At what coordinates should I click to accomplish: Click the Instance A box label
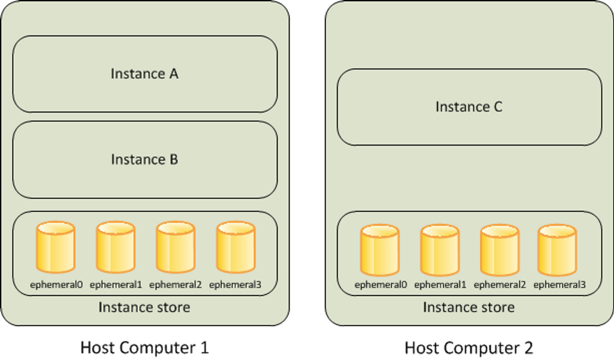click(144, 74)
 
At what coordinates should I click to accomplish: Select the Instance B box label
click(144, 159)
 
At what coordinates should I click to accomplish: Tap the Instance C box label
click(469, 107)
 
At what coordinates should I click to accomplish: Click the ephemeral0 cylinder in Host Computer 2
click(380, 250)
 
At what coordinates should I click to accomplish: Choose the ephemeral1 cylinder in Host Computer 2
click(440, 250)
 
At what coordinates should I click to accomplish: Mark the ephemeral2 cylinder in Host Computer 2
click(500, 250)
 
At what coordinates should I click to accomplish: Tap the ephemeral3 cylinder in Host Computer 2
click(557, 250)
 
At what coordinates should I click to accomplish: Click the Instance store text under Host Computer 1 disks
click(144, 307)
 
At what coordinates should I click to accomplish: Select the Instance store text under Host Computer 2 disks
click(469, 307)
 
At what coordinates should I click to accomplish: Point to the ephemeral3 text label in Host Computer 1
click(235, 285)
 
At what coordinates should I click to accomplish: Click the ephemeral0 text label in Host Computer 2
click(381, 285)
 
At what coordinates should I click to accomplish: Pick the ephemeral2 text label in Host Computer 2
click(500, 285)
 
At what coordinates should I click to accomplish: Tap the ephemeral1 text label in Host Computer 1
click(116, 285)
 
